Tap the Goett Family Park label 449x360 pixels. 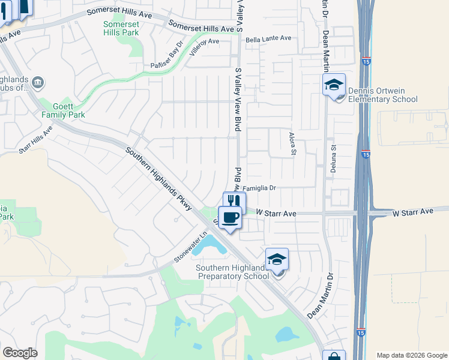point(63,110)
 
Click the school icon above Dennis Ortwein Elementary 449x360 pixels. point(334,85)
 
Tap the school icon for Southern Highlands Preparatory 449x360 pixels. point(277,259)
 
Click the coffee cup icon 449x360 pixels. point(230,217)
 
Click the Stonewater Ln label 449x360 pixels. point(190,248)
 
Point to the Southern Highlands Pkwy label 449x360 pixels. point(158,178)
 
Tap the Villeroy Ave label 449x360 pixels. point(205,46)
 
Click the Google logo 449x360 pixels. point(20,352)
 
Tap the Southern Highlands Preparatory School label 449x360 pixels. point(235,272)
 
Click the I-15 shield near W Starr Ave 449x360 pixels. point(366,155)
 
